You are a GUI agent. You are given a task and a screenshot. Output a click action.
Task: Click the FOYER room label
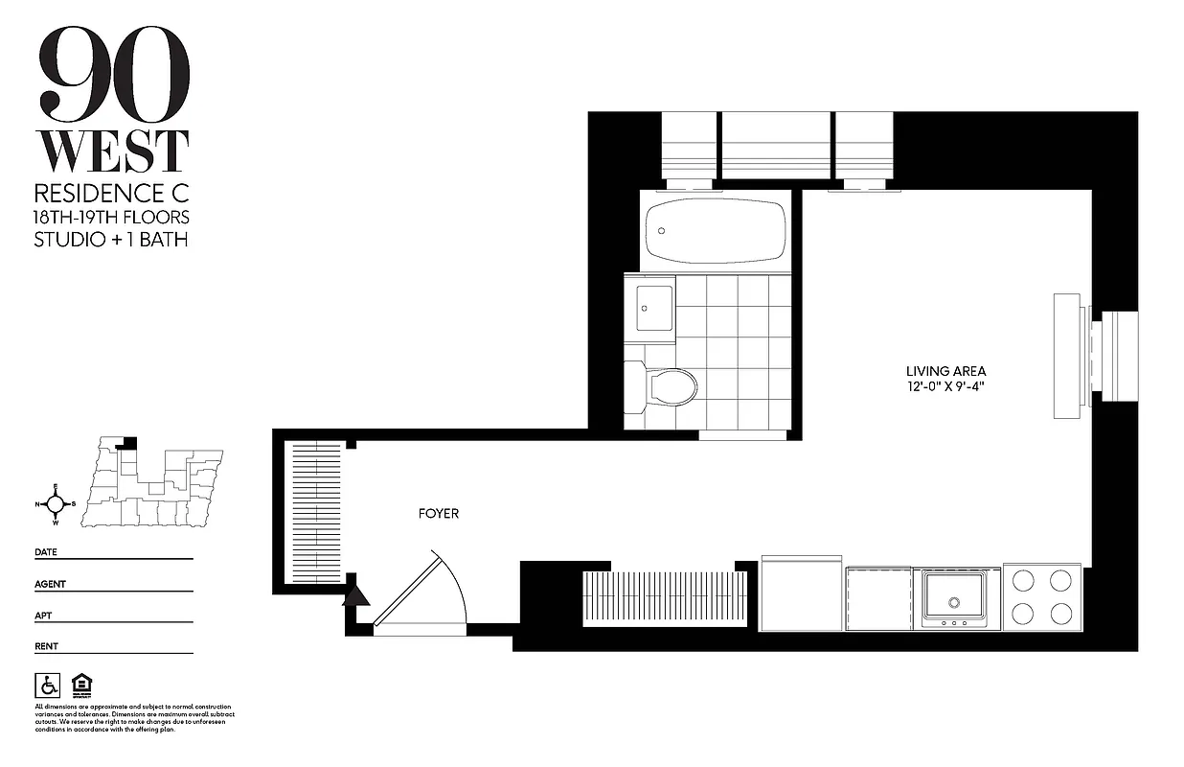[439, 514]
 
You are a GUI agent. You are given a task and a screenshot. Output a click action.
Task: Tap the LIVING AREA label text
[945, 371]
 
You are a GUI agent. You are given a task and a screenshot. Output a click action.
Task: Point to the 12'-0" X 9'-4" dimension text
[945, 387]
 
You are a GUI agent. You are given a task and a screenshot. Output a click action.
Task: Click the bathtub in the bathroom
[716, 231]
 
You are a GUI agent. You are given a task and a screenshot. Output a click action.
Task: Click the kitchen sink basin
[954, 597]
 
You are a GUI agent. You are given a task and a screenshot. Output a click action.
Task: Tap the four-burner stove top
[1042, 596]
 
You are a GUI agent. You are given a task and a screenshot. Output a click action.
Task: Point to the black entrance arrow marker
[356, 595]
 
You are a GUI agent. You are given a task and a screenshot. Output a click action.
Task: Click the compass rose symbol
[56, 503]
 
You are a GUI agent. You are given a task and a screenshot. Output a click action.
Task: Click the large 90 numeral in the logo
[113, 74]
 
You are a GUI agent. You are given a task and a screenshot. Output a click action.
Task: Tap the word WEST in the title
[113, 151]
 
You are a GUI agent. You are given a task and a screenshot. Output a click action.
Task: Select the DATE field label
[46, 552]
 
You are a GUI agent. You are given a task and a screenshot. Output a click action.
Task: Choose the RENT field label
[46, 646]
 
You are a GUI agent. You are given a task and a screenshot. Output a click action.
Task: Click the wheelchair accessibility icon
[47, 685]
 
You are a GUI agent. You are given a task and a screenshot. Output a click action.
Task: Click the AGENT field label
[50, 584]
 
